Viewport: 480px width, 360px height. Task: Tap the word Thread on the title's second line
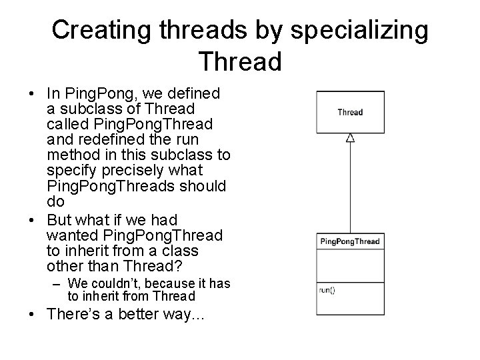(240, 61)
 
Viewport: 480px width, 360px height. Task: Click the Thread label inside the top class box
(350, 112)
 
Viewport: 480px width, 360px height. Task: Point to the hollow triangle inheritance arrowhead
(350, 138)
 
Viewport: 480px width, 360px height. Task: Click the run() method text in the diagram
(327, 290)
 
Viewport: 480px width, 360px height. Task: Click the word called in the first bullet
(68, 124)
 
